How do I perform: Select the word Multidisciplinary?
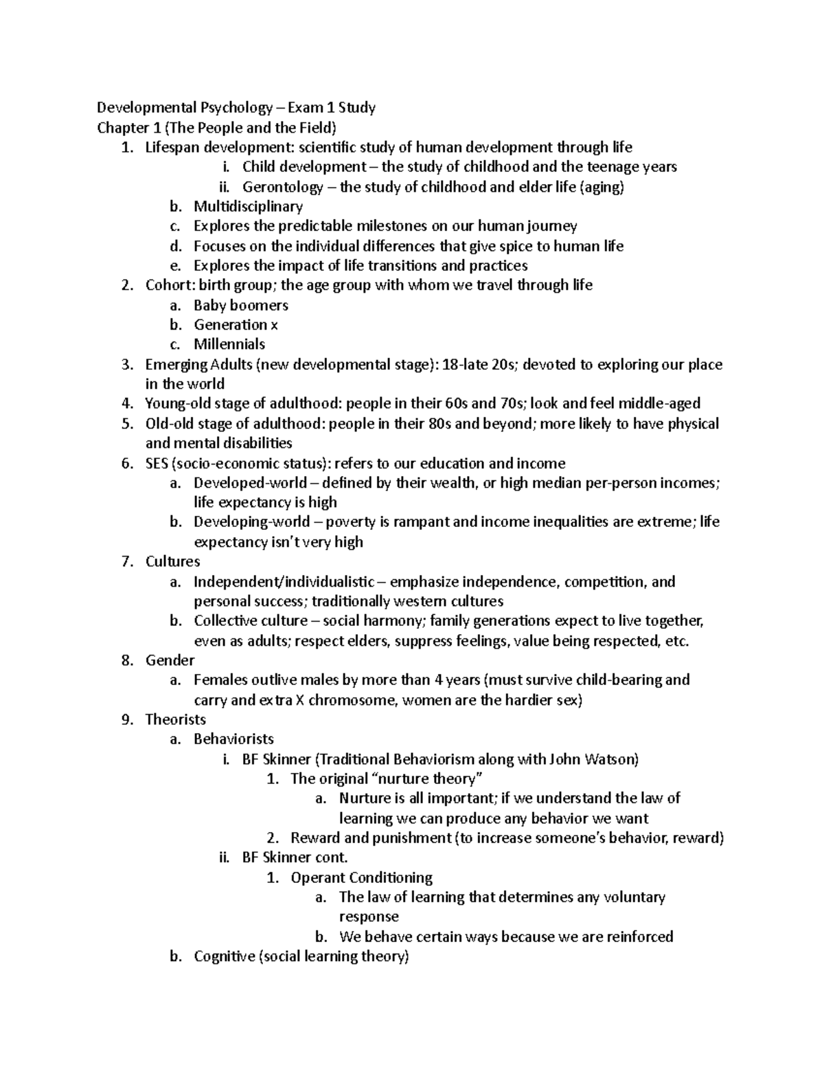tap(248, 206)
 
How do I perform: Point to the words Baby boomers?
tap(240, 305)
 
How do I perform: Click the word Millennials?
tap(229, 344)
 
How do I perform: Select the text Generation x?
tap(236, 324)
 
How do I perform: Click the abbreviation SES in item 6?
tap(157, 463)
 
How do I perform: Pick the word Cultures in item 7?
tap(172, 561)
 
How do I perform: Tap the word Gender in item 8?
tap(170, 660)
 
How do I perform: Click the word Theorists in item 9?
tap(175, 719)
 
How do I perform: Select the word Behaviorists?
tap(233, 739)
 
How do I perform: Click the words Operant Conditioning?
tap(361, 877)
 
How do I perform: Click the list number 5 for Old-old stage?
tap(126, 423)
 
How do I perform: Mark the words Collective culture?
tap(251, 620)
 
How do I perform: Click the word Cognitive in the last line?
tap(224, 956)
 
